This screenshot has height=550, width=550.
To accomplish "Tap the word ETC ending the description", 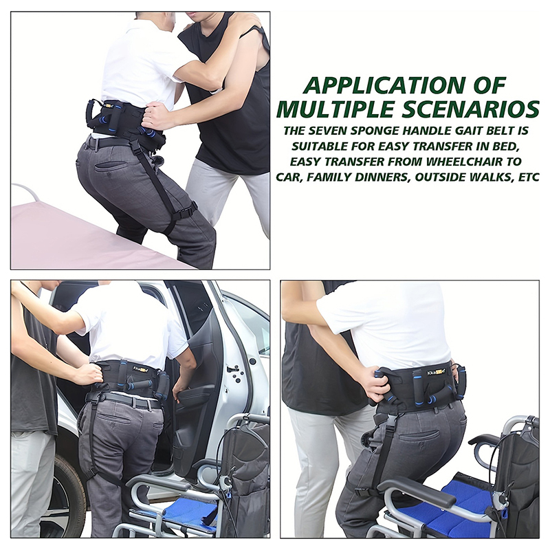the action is [x=528, y=177].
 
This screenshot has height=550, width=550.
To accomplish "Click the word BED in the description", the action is [x=504, y=146].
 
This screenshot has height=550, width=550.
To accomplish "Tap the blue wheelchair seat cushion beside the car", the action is [x=190, y=511].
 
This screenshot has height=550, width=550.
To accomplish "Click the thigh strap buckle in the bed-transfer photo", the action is [x=188, y=210].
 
